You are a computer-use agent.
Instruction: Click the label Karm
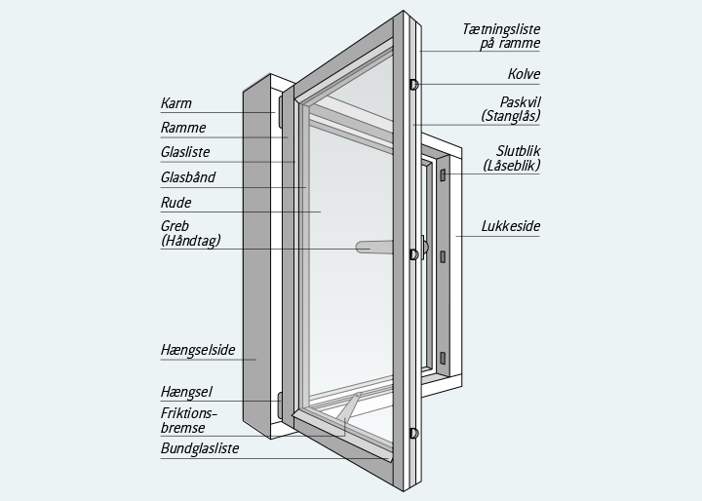[176, 103]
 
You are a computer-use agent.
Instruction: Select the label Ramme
[183, 128]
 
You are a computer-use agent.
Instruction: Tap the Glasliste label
[185, 153]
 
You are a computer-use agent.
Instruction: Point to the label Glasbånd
[188, 178]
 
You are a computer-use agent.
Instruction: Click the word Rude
[175, 203]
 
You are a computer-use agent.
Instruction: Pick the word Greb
[175, 226]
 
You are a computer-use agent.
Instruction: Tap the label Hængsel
[186, 392]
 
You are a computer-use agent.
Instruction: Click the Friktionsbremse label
[189, 420]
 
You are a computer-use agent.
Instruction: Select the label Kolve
[524, 74]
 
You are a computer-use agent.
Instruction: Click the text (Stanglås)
[511, 116]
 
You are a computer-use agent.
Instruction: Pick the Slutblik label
[518, 151]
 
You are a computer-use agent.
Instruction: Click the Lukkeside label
[511, 227]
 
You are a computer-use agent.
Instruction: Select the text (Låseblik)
[511, 166]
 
